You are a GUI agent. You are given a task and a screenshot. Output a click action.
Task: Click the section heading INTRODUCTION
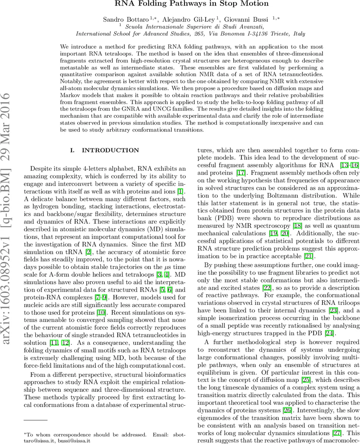[x=110, y=150]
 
